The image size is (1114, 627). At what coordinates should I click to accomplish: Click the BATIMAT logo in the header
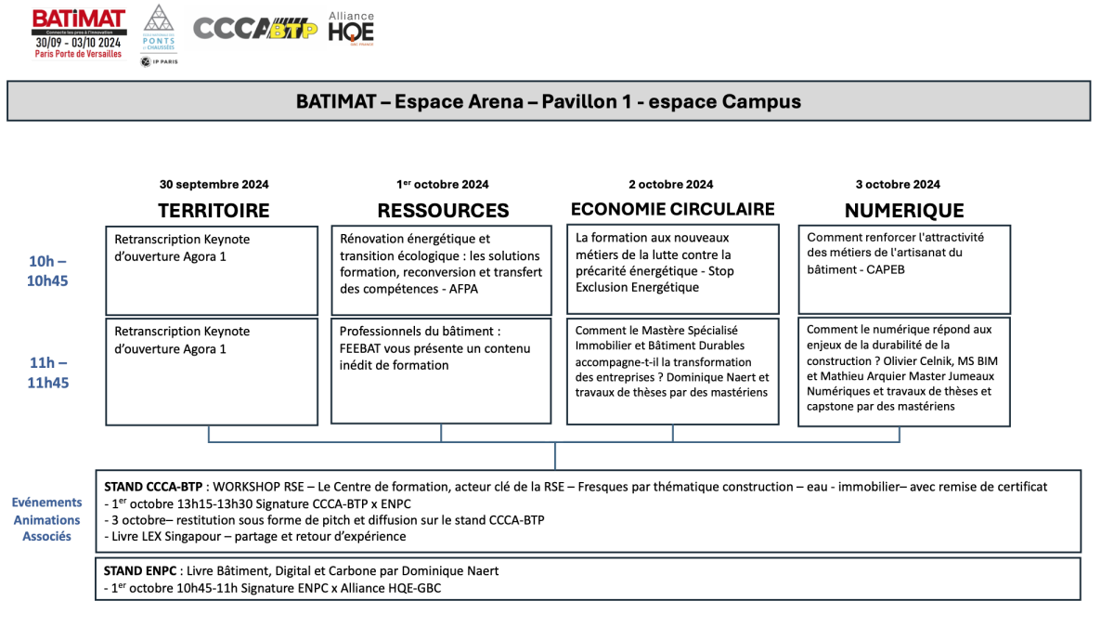78,33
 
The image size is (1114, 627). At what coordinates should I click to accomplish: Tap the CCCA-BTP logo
255,30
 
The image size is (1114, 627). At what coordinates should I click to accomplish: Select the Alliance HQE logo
351,28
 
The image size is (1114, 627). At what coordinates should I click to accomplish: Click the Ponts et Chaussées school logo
159,35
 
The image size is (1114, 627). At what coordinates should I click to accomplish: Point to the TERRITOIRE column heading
214,211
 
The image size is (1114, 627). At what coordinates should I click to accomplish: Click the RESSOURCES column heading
443,211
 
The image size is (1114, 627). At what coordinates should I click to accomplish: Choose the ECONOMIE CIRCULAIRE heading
672,209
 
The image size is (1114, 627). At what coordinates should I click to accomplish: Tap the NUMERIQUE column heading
904,211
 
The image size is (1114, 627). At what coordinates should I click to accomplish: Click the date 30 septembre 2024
214,184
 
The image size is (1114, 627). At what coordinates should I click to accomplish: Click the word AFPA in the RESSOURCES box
464,289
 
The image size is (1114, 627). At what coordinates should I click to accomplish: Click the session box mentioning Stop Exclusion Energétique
672,269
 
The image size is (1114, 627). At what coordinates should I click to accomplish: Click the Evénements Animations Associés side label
46,519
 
